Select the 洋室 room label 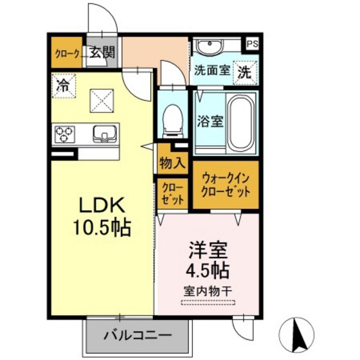tap(206, 248)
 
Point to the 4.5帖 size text tap(206, 268)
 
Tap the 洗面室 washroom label tap(212, 72)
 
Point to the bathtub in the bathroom tap(242, 122)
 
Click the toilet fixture tap(172, 120)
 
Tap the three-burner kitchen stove tap(65, 134)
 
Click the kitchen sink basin tap(103, 134)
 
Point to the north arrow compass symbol tap(298, 333)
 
